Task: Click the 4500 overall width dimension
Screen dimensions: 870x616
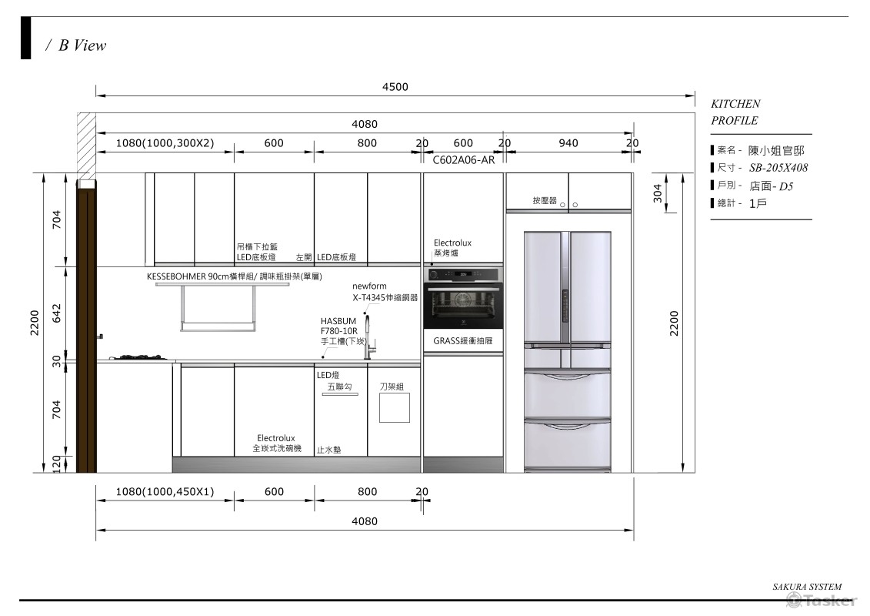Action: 395,87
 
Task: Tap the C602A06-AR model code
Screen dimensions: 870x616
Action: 463,160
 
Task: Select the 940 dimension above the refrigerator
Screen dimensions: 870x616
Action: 568,143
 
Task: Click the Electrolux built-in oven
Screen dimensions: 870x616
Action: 463,298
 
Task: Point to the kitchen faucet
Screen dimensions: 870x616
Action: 368,336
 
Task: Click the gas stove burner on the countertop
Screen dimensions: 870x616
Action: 139,357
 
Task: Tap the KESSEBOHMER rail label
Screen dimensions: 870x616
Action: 234,276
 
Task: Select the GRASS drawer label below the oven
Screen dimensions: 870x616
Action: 463,340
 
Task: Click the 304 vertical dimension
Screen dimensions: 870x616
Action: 658,192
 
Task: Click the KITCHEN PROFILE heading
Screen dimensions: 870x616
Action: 735,112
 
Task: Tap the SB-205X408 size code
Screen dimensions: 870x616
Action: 778,168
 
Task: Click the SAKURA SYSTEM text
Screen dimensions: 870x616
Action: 807,587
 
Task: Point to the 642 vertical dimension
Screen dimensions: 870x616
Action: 57,313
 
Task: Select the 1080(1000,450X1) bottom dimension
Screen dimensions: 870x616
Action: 165,491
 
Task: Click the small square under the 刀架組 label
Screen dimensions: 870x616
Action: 395,407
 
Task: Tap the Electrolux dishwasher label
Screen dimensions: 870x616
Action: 276,444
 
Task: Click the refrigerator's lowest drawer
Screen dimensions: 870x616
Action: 568,444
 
